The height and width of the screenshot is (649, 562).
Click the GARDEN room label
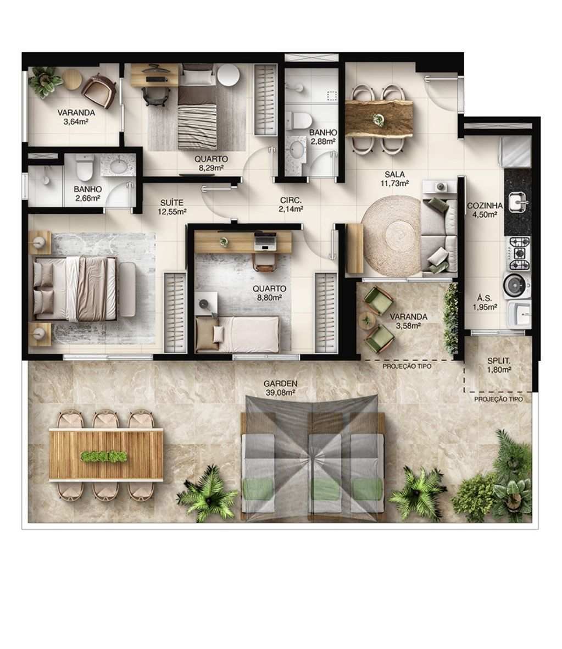pyautogui.click(x=280, y=384)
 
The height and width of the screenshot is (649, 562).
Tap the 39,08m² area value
pyautogui.click(x=280, y=392)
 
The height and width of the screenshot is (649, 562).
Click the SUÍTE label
pyautogui.click(x=172, y=202)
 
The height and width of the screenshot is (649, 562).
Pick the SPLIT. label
pyautogui.click(x=499, y=361)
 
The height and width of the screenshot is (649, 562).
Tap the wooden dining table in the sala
pyautogui.click(x=379, y=117)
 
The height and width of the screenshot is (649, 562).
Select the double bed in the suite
pyautogui.click(x=75, y=287)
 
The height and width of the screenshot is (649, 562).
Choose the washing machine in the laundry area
pyautogui.click(x=515, y=285)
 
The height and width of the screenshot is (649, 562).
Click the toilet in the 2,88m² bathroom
pyautogui.click(x=299, y=119)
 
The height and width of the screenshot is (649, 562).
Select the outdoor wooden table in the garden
pyautogui.click(x=105, y=454)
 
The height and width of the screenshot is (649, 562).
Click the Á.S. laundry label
pyautogui.click(x=485, y=299)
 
